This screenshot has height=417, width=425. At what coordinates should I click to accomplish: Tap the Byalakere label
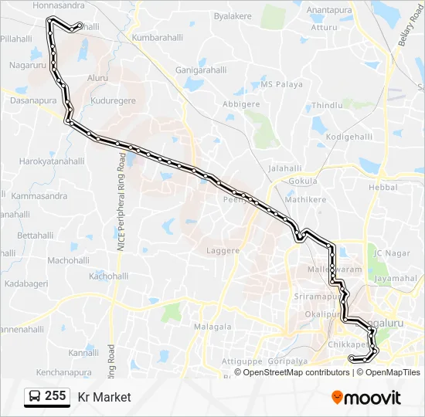(x=233, y=15)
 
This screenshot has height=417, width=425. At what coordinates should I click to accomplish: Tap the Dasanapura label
(x=33, y=100)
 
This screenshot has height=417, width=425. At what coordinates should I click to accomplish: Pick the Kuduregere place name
(x=113, y=100)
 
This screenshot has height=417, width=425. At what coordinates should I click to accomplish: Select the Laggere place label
(x=223, y=250)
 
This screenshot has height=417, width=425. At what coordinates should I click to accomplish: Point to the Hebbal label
(x=383, y=187)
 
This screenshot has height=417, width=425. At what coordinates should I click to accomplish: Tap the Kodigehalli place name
(x=349, y=137)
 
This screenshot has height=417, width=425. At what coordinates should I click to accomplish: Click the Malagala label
(x=212, y=327)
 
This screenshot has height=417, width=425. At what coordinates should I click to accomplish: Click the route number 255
(x=55, y=396)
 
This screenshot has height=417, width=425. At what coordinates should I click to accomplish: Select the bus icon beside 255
(x=35, y=397)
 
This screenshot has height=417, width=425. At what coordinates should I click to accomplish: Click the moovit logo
(x=366, y=398)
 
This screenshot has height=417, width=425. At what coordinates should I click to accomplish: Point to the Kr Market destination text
(x=104, y=397)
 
